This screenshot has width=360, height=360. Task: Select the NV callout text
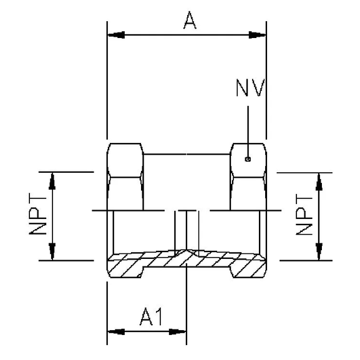tap(250, 88)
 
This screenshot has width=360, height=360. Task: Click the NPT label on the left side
tap(39, 215)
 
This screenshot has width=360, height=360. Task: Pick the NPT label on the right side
tap(304, 215)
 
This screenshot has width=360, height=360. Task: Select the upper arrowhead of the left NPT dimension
tap(52, 180)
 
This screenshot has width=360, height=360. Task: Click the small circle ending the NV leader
tap(248, 158)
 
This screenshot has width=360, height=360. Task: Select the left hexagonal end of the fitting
tap(125, 177)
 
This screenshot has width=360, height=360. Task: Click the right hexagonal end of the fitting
tap(249, 177)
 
